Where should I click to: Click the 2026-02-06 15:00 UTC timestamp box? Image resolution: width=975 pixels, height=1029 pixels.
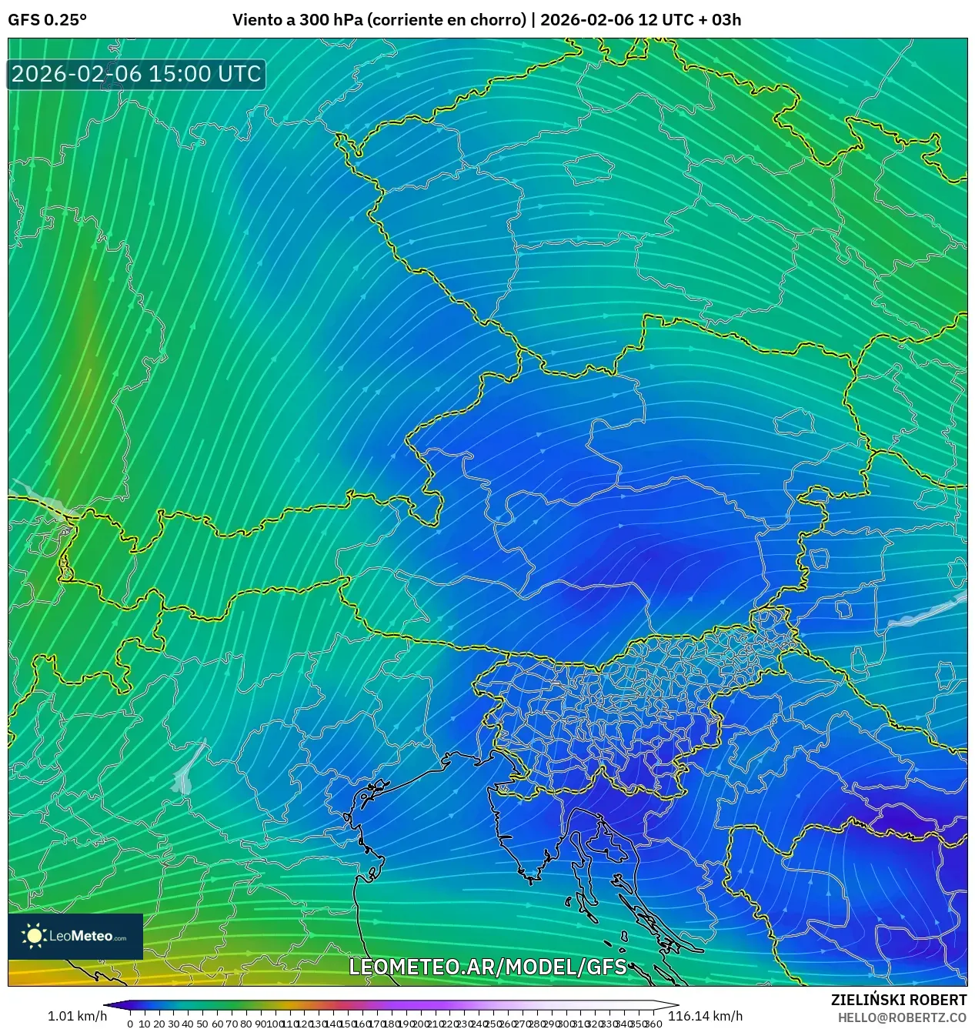pyautogui.click(x=136, y=74)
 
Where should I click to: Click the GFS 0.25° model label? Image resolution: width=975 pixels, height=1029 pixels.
pyautogui.click(x=47, y=20)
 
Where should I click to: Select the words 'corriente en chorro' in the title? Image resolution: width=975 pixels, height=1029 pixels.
pyautogui.click(x=446, y=20)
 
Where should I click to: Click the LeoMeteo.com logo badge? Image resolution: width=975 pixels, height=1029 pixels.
pyautogui.click(x=75, y=936)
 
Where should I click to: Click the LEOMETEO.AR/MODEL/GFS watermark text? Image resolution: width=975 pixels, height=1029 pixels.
pyautogui.click(x=488, y=967)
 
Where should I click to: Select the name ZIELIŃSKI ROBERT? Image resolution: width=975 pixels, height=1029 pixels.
pyautogui.click(x=898, y=1000)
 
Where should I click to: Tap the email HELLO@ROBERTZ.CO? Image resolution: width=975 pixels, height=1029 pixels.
pyautogui.click(x=902, y=1017)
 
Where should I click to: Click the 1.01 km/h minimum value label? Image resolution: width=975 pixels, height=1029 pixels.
pyautogui.click(x=77, y=1016)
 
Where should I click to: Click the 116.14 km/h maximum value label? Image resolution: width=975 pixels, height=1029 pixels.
pyautogui.click(x=705, y=1016)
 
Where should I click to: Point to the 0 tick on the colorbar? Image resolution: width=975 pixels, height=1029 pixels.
pyautogui.click(x=130, y=1024)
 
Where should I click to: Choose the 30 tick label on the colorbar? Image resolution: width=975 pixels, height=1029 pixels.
pyautogui.click(x=173, y=1024)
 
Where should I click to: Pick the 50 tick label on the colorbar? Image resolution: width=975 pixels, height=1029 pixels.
pyautogui.click(x=202, y=1024)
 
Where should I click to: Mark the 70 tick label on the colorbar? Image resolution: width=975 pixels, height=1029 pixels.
pyautogui.click(x=231, y=1024)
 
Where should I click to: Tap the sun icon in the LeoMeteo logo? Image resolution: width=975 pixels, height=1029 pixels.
pyautogui.click(x=35, y=936)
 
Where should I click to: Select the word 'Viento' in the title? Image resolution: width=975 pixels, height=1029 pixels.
pyautogui.click(x=256, y=20)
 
